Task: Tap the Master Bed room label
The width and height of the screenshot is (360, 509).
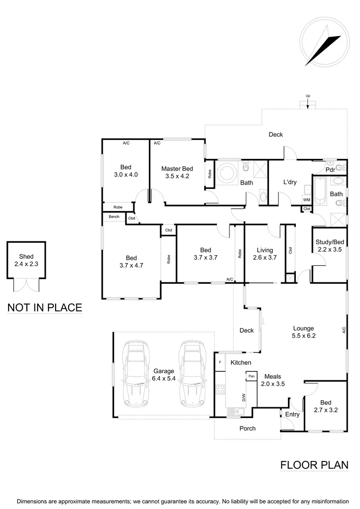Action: tap(177, 172)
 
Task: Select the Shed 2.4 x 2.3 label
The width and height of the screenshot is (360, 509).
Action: tap(26, 260)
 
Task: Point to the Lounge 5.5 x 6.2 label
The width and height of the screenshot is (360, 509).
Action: tap(303, 332)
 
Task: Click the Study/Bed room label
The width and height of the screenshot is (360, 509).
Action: tap(330, 246)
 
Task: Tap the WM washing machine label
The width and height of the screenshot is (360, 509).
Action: tap(306, 200)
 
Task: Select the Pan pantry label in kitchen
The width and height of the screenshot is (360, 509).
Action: tap(252, 376)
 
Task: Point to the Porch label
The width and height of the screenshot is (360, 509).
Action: tap(247, 428)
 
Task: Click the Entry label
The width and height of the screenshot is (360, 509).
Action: tap(292, 415)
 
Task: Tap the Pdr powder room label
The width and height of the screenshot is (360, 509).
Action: tap(330, 170)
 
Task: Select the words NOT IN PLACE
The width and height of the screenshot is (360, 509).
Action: tap(45, 308)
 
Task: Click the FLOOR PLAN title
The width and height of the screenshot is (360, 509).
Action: tap(314, 465)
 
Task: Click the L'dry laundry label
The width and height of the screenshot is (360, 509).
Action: tap(289, 182)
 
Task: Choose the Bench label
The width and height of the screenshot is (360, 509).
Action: tap(114, 217)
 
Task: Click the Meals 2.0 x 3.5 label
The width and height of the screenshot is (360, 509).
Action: tap(273, 380)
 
